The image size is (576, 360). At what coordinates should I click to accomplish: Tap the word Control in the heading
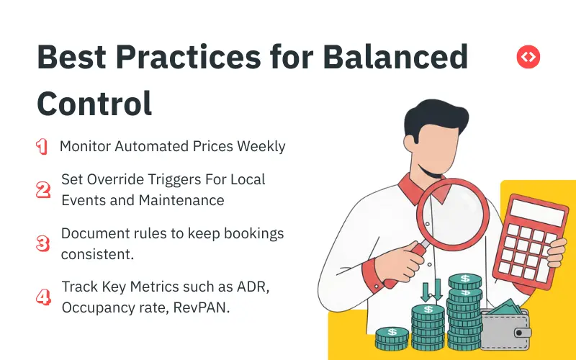(94, 103)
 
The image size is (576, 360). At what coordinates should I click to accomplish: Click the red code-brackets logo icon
(528, 56)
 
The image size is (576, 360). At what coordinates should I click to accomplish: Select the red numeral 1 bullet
(42, 147)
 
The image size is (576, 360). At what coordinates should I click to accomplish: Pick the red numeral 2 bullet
(42, 190)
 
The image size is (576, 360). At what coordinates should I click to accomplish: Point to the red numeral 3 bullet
(42, 244)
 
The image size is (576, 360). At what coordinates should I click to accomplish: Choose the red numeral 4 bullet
(42, 297)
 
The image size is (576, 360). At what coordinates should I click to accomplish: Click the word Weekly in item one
(261, 146)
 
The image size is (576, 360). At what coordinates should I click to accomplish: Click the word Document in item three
(93, 234)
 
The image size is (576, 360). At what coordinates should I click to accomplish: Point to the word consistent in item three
(96, 255)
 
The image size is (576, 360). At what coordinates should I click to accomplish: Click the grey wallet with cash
(506, 328)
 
